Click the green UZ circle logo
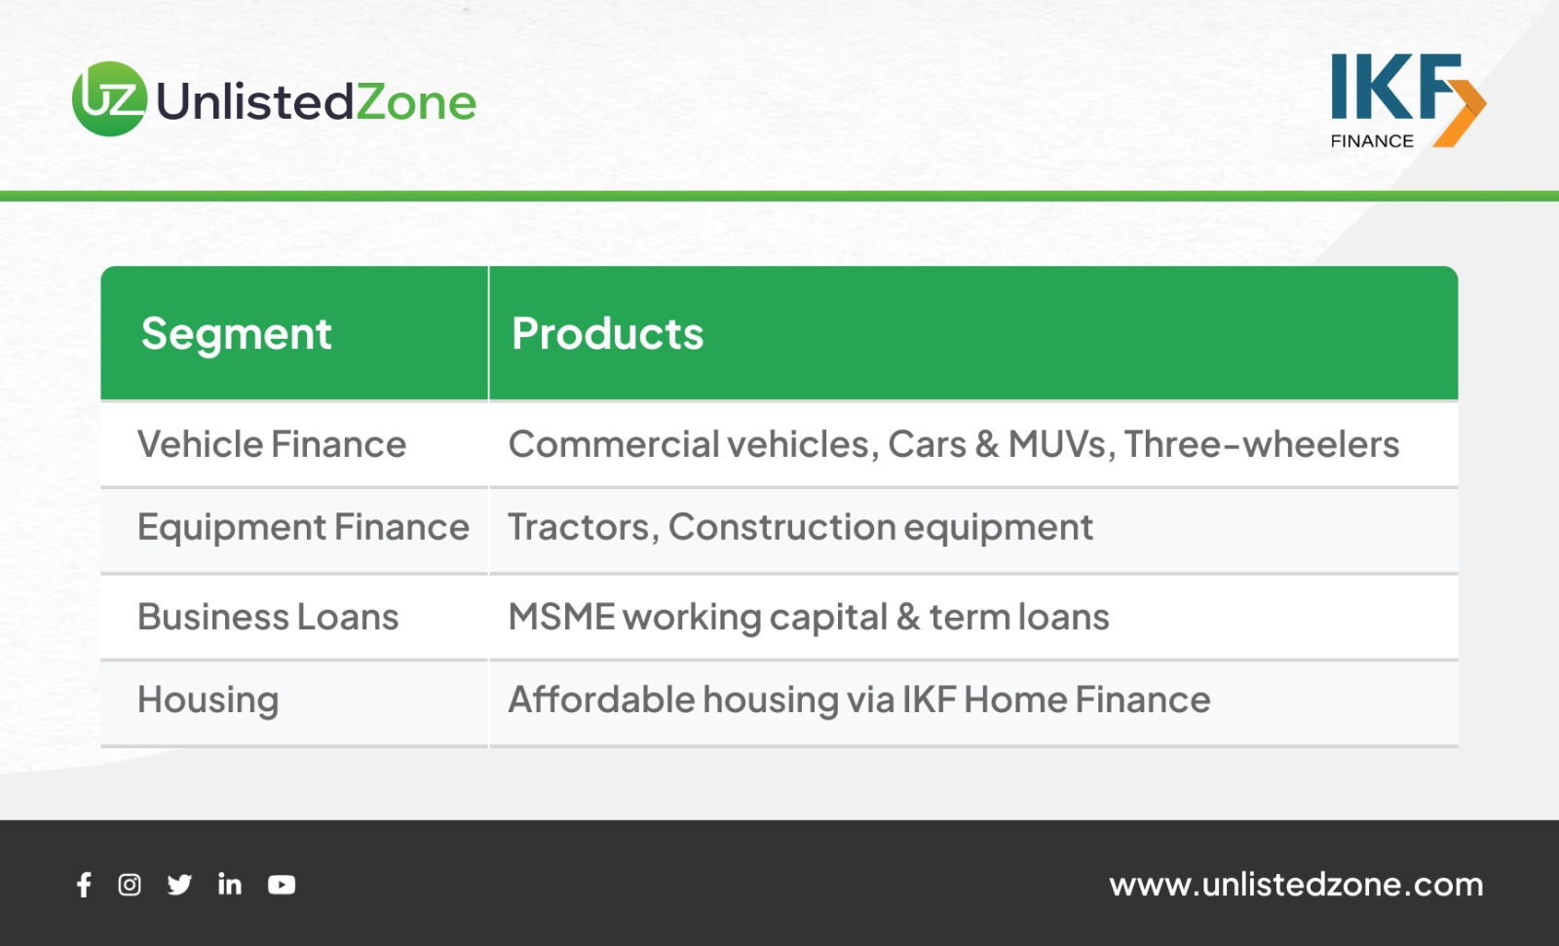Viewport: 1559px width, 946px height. click(x=110, y=98)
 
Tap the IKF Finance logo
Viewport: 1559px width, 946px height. click(x=1408, y=101)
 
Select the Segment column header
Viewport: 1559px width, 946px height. click(x=236, y=334)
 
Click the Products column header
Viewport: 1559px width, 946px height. click(x=607, y=333)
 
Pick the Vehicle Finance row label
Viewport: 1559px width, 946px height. click(x=272, y=444)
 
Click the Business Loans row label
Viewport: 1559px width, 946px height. click(x=268, y=617)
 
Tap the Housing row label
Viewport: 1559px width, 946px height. click(x=209, y=700)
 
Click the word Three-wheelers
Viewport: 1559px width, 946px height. click(x=1261, y=444)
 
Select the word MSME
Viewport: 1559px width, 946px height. click(x=561, y=617)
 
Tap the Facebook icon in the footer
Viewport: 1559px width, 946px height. click(x=84, y=885)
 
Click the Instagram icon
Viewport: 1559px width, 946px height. click(x=130, y=885)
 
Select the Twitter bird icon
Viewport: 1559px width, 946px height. click(x=179, y=885)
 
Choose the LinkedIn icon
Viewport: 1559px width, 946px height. click(x=230, y=884)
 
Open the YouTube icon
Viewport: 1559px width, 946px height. click(x=282, y=885)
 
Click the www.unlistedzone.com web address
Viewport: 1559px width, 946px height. click(x=1296, y=885)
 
